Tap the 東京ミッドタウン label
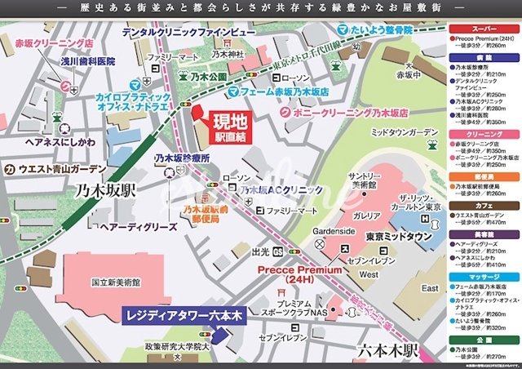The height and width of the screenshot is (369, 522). pyautogui.click(x=398, y=236)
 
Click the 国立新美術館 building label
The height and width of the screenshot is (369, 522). pyautogui.click(x=116, y=282)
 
